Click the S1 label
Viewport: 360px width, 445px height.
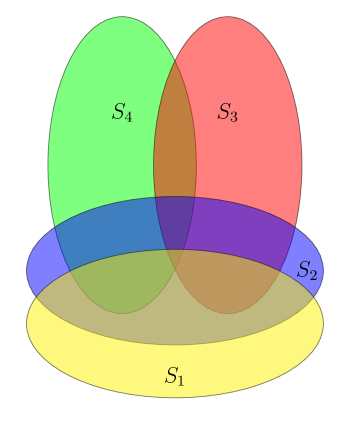pos(175,376)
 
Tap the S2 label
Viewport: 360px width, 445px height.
pos(307,270)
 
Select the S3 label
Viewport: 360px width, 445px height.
pos(228,112)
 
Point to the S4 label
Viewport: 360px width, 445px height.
pos(122,112)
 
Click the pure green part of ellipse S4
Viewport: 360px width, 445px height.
pos(100,150)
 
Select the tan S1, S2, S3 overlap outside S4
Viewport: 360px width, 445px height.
pos(235,285)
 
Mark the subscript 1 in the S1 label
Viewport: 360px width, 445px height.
pos(180,380)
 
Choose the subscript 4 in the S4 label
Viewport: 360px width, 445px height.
pos(128,116)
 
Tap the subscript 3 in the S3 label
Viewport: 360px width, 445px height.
pos(234,116)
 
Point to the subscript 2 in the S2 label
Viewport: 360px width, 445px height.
pos(313,274)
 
